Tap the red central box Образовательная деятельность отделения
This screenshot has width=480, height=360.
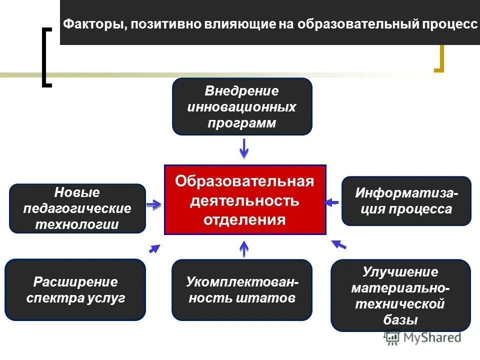click(x=245, y=199)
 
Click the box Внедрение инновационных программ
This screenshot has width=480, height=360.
click(x=242, y=106)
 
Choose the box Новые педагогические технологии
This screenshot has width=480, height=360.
click(x=77, y=208)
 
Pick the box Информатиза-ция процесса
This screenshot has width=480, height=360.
click(x=406, y=201)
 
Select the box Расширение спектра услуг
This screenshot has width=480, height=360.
click(x=75, y=289)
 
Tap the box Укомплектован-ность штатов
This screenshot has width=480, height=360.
click(x=242, y=290)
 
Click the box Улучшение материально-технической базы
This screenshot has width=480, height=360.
click(x=400, y=295)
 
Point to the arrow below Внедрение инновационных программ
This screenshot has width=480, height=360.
click(x=244, y=148)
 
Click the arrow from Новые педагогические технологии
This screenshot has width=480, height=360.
click(x=154, y=204)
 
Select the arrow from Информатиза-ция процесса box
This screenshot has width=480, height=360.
click(x=331, y=202)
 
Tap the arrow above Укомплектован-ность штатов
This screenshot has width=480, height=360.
click(x=244, y=248)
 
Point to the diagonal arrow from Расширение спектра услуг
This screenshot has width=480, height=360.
click(x=154, y=248)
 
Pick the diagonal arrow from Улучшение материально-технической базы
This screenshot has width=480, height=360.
click(x=339, y=244)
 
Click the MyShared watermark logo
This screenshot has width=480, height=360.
click(x=423, y=338)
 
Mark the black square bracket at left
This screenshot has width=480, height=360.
click(x=46, y=58)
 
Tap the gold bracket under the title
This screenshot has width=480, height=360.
click(x=439, y=60)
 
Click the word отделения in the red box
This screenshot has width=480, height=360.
click(x=245, y=220)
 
